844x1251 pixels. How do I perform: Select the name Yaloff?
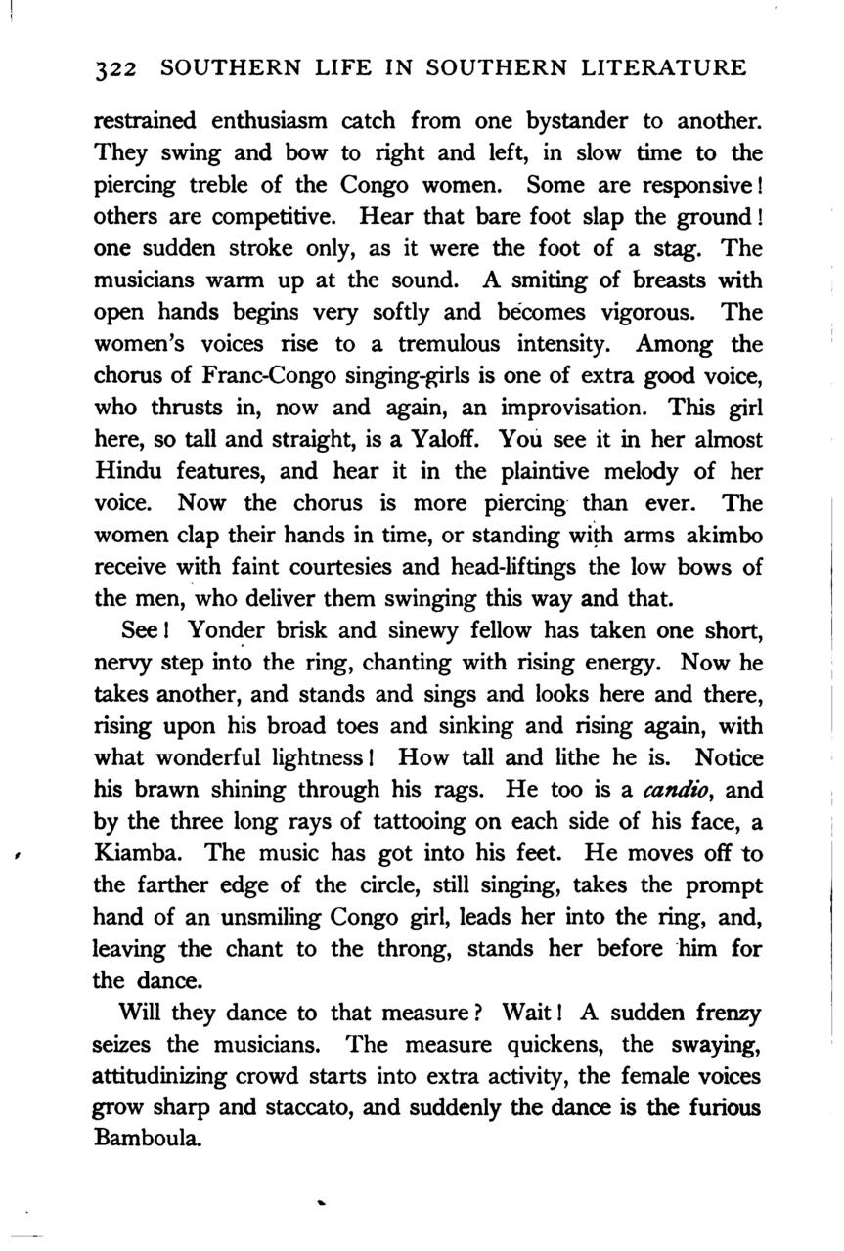[463, 440]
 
